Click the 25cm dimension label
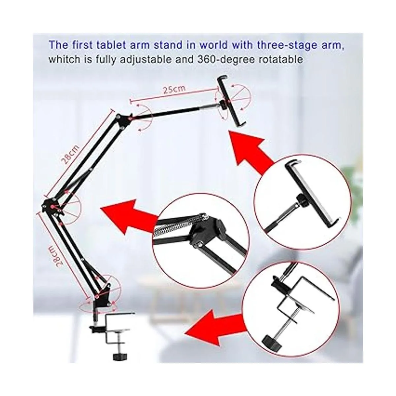(174, 90)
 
